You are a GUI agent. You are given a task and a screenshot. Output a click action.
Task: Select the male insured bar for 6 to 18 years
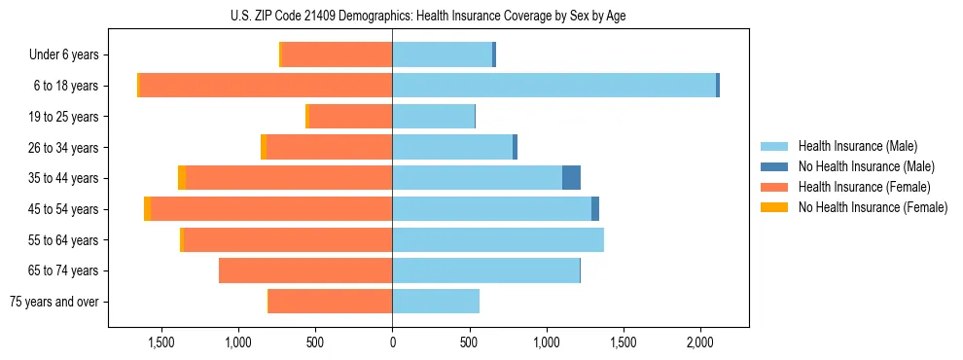click(553, 86)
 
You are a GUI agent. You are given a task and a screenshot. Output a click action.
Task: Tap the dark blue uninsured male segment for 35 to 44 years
click(571, 178)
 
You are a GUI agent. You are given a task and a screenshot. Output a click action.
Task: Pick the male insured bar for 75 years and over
click(436, 302)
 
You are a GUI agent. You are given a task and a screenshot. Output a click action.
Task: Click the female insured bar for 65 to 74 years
click(305, 270)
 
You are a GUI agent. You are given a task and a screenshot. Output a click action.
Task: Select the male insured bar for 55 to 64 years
click(498, 239)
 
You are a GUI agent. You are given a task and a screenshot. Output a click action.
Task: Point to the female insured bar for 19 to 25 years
click(350, 117)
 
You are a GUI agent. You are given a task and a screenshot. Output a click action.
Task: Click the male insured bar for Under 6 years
click(442, 55)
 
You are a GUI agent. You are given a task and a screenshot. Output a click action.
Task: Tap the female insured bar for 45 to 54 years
click(271, 209)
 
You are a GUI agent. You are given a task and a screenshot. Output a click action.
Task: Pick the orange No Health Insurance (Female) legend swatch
click(775, 207)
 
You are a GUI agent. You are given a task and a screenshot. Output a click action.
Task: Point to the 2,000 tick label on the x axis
click(700, 342)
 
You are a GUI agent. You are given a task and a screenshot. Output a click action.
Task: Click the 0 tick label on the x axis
click(392, 342)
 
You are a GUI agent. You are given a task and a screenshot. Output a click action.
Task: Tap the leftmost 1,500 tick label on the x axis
click(160, 342)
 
